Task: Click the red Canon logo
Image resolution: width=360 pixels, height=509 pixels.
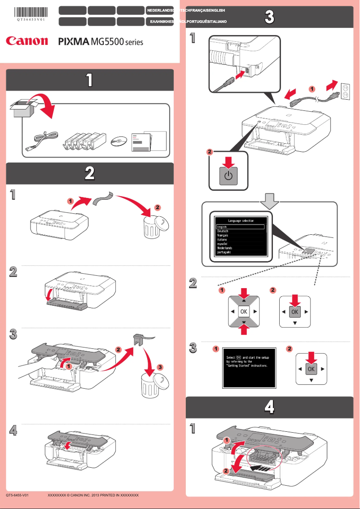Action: coord(26,41)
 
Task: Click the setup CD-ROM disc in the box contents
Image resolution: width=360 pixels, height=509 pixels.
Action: coord(119,141)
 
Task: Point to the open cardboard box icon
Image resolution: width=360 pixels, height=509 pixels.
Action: coord(22,108)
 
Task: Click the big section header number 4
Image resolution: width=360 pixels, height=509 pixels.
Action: coord(269,407)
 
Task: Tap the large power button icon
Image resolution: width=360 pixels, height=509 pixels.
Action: coord(228,176)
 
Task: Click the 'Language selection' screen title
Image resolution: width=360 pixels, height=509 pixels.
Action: coord(241,221)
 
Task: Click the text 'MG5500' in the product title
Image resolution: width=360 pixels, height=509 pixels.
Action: coord(106,42)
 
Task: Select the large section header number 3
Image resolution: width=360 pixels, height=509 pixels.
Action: coord(269,17)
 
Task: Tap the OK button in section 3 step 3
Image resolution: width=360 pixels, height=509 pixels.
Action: coord(311,369)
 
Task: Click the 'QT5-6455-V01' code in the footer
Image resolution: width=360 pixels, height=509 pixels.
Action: coord(17,495)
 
